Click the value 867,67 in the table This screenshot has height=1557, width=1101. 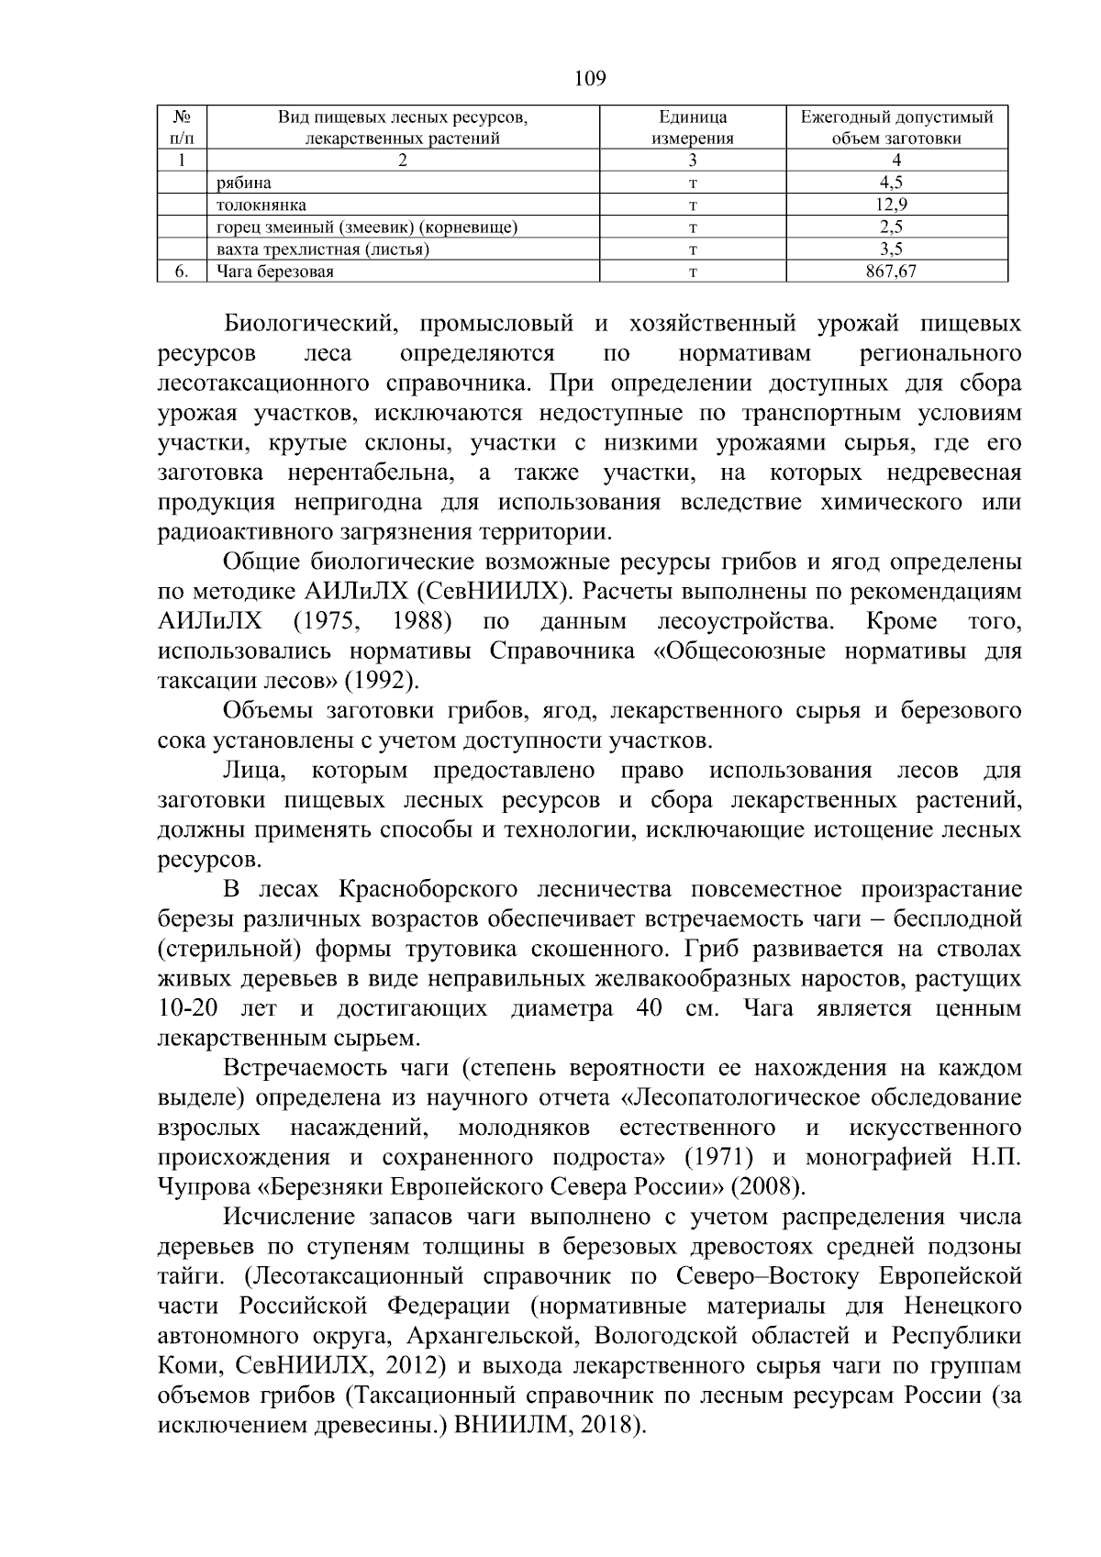pyautogui.click(x=896, y=272)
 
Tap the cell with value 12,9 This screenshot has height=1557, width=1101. pyautogui.click(x=896, y=205)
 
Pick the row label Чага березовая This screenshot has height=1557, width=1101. pyautogui.click(x=275, y=272)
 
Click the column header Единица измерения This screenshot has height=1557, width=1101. pyautogui.click(x=693, y=128)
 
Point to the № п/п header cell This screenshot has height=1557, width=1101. pyautogui.click(x=182, y=128)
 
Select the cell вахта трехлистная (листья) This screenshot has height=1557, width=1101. pyautogui.click(x=323, y=250)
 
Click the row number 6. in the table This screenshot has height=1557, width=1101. pyautogui.click(x=182, y=272)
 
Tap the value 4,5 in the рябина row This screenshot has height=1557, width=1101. pyautogui.click(x=896, y=183)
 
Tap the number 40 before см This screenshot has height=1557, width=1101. pyautogui.click(x=650, y=1008)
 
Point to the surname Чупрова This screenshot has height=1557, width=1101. pyautogui.click(x=206, y=1186)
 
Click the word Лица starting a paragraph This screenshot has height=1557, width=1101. pyautogui.click(x=253, y=770)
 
